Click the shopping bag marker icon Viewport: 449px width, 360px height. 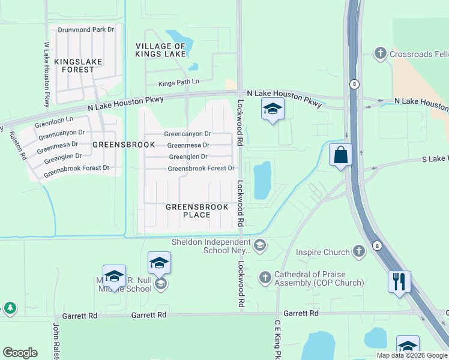point(341,155)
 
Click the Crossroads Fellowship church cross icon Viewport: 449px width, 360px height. point(380,54)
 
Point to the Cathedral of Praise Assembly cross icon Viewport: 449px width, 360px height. point(265,278)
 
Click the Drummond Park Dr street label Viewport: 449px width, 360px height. point(86,29)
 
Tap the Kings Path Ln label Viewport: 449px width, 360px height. point(178,82)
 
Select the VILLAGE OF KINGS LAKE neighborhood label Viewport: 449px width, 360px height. point(160,50)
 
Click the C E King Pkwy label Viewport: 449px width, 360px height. point(278,339)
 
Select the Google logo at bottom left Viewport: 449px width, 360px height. point(20,352)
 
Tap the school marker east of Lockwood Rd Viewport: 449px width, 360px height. point(273,109)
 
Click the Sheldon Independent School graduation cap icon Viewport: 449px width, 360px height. point(260,245)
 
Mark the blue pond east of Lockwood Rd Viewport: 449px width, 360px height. point(262,180)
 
